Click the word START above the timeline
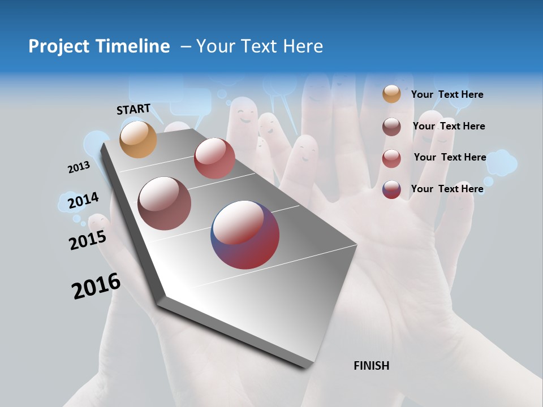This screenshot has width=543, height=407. click(133, 109)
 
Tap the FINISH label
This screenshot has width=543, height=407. click(371, 366)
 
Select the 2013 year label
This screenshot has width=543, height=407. click(79, 167)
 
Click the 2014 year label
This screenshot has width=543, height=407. click(83, 201)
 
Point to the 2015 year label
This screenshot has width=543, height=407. click(87, 240)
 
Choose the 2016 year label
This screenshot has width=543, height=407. click(96, 286)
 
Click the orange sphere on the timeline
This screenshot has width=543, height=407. click(138, 139)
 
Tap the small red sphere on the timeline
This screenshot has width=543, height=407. click(214, 158)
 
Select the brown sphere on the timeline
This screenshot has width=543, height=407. click(164, 203)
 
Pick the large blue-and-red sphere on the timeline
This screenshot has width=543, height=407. click(245, 235)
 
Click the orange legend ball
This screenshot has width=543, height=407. click(391, 94)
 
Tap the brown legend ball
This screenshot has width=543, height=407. click(391, 127)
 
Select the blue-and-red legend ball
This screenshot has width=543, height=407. click(391, 189)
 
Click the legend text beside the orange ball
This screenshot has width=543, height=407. click(447, 94)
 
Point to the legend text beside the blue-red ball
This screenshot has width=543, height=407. click(447, 189)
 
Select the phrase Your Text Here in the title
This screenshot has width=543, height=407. click(260, 46)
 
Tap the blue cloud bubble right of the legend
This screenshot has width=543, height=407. click(501, 163)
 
